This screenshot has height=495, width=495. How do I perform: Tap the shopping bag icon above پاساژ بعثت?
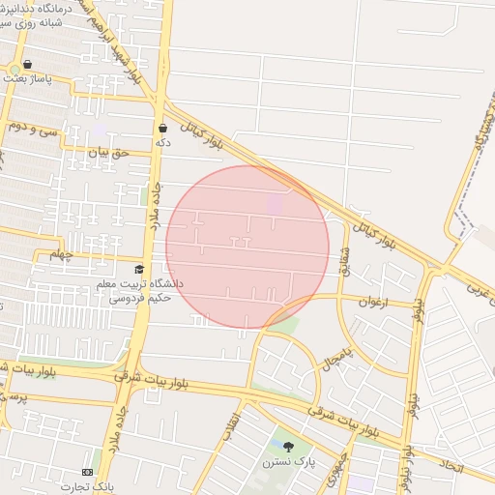point(26,65)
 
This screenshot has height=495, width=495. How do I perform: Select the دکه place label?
point(162,142)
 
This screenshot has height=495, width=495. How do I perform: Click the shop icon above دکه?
point(162,128)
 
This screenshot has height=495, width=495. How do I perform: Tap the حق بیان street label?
point(108,152)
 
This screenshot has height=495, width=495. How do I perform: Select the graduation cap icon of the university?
point(139,270)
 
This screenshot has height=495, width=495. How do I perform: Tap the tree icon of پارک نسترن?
point(288,446)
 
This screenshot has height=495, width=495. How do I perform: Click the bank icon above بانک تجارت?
point(89,472)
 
